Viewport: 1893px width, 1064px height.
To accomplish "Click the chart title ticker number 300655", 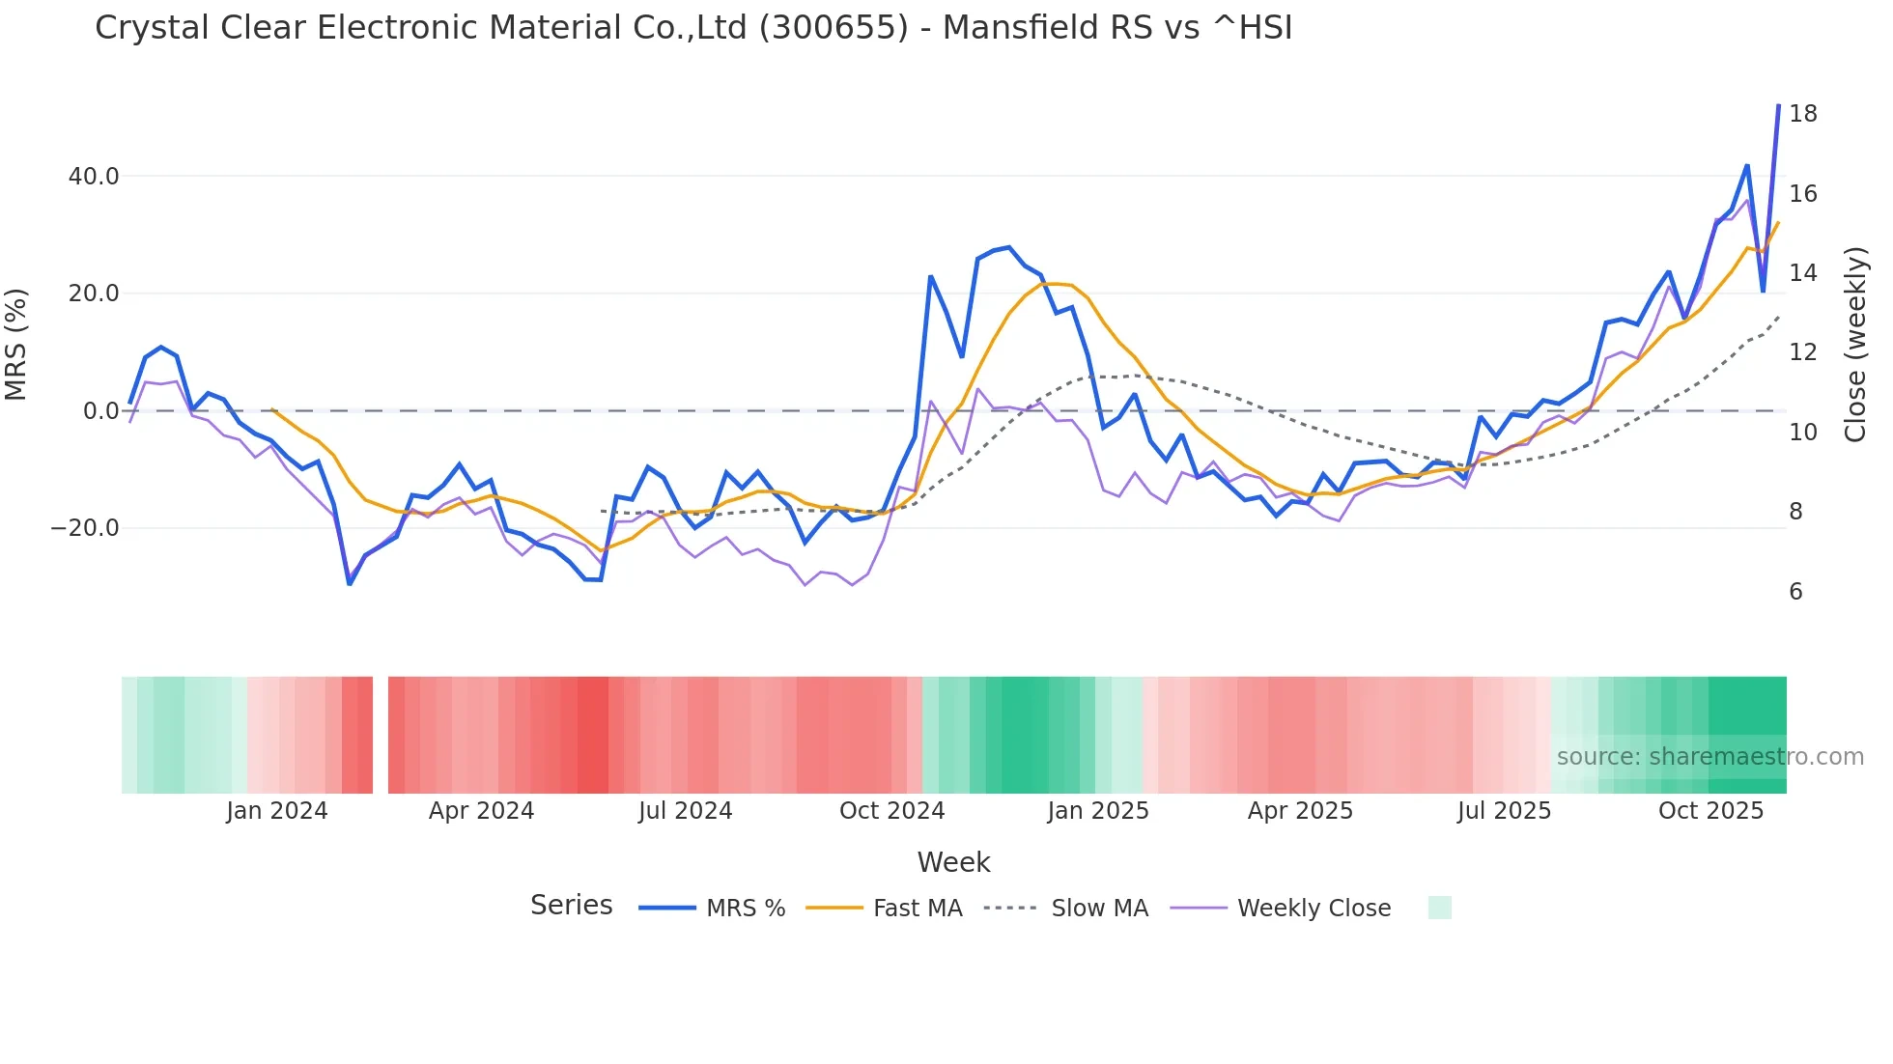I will coord(833,28).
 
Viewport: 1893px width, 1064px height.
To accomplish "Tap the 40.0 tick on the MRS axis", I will coord(94,177).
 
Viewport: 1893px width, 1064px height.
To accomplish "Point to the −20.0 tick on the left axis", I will coord(86,528).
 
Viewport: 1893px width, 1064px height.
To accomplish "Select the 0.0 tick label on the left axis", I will coord(100,411).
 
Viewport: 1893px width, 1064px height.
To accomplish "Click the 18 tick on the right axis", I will coord(1802,114).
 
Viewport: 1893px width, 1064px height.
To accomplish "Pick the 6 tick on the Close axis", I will coord(1795,592).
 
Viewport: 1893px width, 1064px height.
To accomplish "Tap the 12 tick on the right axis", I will coord(1802,352).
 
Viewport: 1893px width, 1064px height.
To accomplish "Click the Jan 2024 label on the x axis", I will coord(277,811).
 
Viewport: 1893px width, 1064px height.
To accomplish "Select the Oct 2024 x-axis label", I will coord(891,811).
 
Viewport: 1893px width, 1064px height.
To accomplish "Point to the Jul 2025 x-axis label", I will coord(1504,811).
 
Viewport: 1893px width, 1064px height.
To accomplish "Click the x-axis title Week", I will coord(953,862).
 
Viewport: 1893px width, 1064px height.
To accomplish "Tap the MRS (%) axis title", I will coord(16,345).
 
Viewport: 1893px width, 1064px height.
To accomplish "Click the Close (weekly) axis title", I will coord(1855,345).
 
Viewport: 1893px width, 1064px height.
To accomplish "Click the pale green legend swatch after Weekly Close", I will coord(1439,908).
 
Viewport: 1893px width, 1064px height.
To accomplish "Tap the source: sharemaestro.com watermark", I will coord(1709,757).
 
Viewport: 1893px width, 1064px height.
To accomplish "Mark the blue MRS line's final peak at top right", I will coord(1778,106).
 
